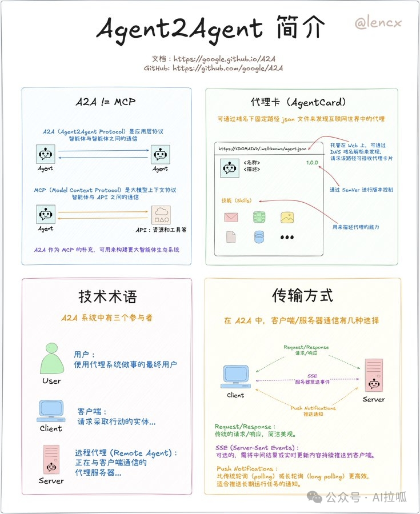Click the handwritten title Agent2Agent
[179, 27]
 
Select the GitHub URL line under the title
[213, 68]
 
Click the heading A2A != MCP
[106, 103]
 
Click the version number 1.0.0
[311, 163]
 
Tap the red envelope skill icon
[231, 217]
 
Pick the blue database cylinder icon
[259, 236]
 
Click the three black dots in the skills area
[287, 237]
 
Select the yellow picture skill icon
[287, 217]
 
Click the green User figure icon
[51, 359]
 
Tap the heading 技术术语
[107, 296]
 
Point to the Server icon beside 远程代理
[51, 458]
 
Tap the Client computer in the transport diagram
[235, 376]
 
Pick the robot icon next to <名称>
[230, 168]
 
